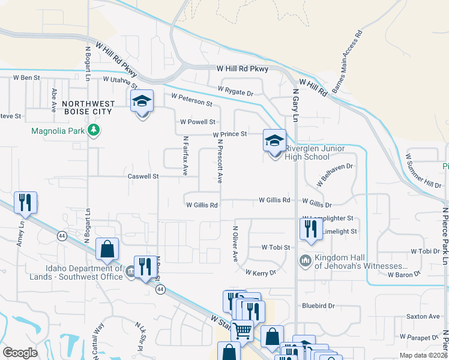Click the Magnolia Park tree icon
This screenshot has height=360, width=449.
coord(93,130)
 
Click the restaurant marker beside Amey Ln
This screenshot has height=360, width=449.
coord(25,203)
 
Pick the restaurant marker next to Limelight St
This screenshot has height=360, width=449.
coord(310,230)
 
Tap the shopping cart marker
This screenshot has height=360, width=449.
coord(242,330)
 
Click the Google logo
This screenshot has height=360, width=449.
coord(20,353)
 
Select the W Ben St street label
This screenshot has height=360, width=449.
coord(26,78)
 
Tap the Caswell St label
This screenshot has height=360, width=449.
coord(143,176)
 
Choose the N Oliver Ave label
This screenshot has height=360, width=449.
coord(235,244)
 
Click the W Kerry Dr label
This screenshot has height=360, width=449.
coord(260,272)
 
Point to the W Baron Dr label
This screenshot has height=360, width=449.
coord(406,274)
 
